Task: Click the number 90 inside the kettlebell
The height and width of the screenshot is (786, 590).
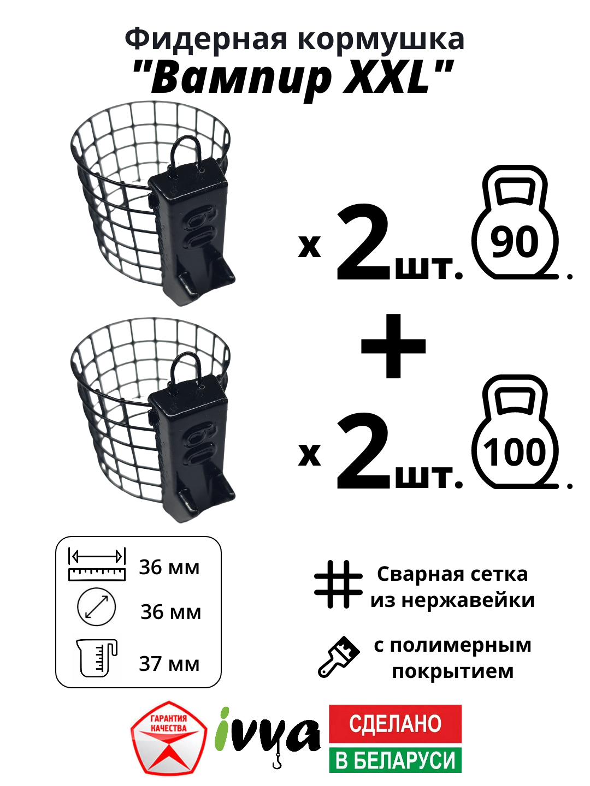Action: click(x=515, y=242)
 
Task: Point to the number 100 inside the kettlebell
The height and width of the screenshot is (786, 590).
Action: click(x=515, y=452)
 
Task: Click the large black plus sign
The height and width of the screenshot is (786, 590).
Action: click(x=393, y=346)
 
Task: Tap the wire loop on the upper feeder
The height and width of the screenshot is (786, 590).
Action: click(x=186, y=150)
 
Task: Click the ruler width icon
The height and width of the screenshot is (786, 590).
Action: click(x=97, y=564)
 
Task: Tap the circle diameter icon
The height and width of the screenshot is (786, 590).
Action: click(x=97, y=607)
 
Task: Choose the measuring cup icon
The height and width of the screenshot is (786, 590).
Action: click(x=97, y=658)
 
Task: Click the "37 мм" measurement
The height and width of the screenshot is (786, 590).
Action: click(x=169, y=664)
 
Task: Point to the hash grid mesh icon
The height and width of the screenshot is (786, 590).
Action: click(x=338, y=584)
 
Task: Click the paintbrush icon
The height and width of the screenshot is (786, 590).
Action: click(x=339, y=657)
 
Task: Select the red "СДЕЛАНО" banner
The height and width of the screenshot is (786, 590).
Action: click(x=395, y=723)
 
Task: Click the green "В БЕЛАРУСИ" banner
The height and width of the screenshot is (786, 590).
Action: click(x=395, y=760)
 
